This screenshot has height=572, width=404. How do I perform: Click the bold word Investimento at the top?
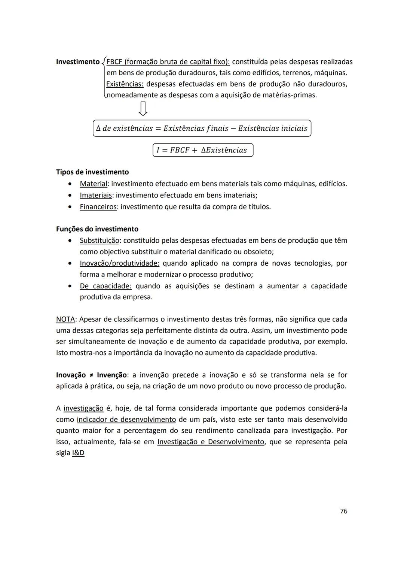pyautogui.click(x=78, y=62)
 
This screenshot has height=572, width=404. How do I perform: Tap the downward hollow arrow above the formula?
pyautogui.click(x=143, y=108)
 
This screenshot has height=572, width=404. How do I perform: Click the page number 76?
pyautogui.click(x=343, y=511)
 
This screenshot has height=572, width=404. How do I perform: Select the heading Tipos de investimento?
pyautogui.click(x=92, y=172)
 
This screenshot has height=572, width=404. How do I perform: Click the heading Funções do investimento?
pyautogui.click(x=97, y=229)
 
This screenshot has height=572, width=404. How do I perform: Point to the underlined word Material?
pyautogui.click(x=94, y=184)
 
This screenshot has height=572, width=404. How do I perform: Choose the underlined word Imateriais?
pyautogui.click(x=96, y=195)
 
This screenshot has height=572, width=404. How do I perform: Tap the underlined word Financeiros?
pyautogui.click(x=98, y=207)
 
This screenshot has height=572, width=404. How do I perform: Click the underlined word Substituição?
pyautogui.click(x=100, y=240)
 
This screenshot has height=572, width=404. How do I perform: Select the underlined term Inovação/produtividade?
pyautogui.click(x=119, y=263)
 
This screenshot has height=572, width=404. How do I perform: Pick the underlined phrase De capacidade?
pyautogui.click(x=105, y=286)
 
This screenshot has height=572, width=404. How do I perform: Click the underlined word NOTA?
pyautogui.click(x=65, y=319)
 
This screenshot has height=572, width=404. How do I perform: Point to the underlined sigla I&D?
pyautogui.click(x=78, y=453)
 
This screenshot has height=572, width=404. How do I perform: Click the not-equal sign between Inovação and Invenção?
pyautogui.click(x=91, y=375)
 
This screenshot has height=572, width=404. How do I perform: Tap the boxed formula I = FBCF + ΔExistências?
pyautogui.click(x=203, y=150)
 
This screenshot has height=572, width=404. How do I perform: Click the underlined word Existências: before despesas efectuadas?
pyautogui.click(x=125, y=84)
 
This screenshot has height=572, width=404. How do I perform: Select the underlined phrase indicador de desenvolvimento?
pyautogui.click(x=126, y=420)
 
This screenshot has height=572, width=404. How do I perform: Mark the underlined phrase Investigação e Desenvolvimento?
pyautogui.click(x=211, y=442)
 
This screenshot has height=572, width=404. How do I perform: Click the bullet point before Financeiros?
pyautogui.click(x=70, y=207)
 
